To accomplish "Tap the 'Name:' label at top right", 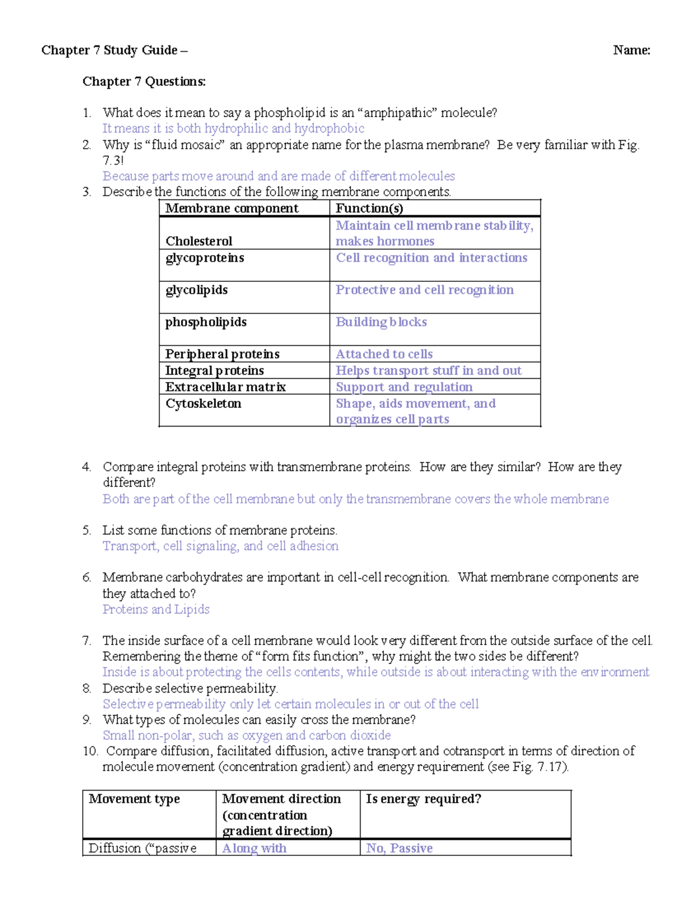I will click(x=631, y=50).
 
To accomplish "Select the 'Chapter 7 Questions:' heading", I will click(x=144, y=82).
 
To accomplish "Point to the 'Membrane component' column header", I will click(x=232, y=208).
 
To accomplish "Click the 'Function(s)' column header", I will click(x=369, y=208).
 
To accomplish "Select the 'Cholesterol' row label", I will click(x=199, y=241).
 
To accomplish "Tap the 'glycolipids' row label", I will click(x=197, y=290).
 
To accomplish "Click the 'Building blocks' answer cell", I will click(x=381, y=322).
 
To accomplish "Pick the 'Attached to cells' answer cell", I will click(x=384, y=354).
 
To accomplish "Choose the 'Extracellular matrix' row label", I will click(x=225, y=387).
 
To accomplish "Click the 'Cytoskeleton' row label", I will click(x=203, y=404).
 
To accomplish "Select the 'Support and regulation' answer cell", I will click(x=404, y=387).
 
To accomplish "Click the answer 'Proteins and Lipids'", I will click(x=156, y=609).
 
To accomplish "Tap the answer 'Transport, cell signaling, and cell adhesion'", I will click(x=220, y=546).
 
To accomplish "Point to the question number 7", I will click(x=86, y=641).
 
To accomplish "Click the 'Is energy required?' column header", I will click(x=423, y=799).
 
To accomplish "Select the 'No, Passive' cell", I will click(x=399, y=848).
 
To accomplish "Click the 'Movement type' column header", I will click(x=134, y=799).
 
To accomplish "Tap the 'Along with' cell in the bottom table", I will click(x=254, y=848).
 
